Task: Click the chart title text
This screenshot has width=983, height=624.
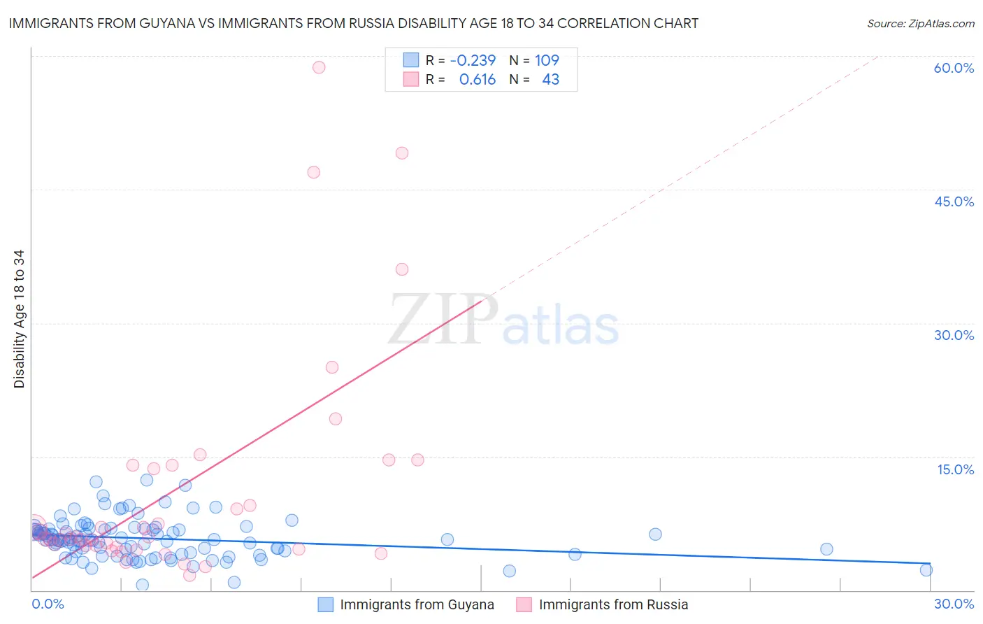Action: pyautogui.click(x=353, y=24)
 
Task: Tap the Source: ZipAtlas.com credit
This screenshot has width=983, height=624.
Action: pyautogui.click(x=920, y=24)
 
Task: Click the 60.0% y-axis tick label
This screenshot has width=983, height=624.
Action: pyautogui.click(x=954, y=68)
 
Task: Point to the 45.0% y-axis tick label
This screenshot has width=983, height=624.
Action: pyautogui.click(x=954, y=201)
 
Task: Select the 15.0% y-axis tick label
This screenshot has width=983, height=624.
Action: pyautogui.click(x=955, y=469)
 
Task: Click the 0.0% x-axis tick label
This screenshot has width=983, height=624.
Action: pyautogui.click(x=48, y=604)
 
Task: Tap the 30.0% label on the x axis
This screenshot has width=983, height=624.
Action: pyautogui.click(x=954, y=604)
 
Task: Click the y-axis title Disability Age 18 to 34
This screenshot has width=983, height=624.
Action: pyautogui.click(x=19, y=319)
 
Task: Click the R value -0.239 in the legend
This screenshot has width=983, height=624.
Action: pyautogui.click(x=473, y=60)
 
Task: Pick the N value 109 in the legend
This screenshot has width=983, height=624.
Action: pyautogui.click(x=547, y=60)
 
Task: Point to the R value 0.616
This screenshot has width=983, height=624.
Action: pyautogui.click(x=478, y=80)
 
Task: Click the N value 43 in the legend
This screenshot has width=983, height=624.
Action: pyautogui.click(x=550, y=80)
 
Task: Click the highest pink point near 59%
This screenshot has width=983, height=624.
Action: pyautogui.click(x=319, y=67)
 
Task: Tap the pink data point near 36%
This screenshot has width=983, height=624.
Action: pyautogui.click(x=402, y=269)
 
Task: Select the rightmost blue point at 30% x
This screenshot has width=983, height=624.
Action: pyautogui.click(x=926, y=570)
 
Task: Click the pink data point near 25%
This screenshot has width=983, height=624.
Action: pyautogui.click(x=332, y=367)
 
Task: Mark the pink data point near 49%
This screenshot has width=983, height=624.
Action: pyautogui.click(x=402, y=153)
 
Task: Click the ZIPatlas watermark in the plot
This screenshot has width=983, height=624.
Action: pyautogui.click(x=503, y=320)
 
